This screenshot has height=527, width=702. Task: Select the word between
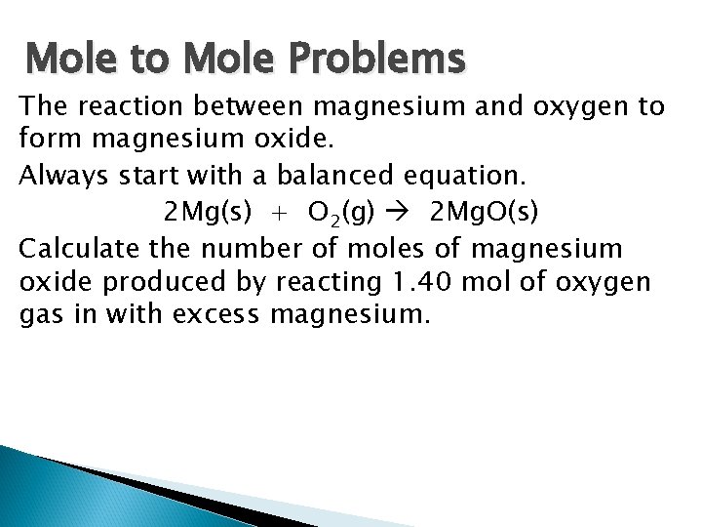(x=254, y=105)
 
